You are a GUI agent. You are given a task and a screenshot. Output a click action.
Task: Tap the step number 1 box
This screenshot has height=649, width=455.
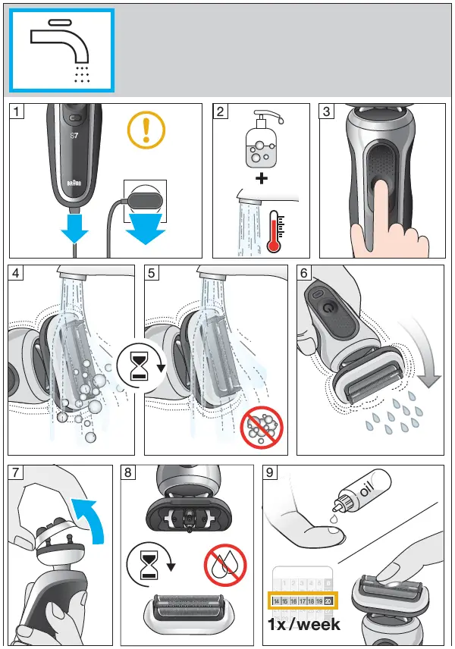pyautogui.click(x=17, y=112)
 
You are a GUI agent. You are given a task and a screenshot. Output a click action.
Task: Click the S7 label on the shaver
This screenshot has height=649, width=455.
pyautogui.click(x=74, y=137)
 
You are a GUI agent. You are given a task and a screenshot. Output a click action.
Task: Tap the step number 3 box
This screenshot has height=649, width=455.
pyautogui.click(x=327, y=112)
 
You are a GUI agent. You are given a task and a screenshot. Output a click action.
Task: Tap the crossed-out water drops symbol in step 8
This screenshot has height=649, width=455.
pyautogui.click(x=225, y=566)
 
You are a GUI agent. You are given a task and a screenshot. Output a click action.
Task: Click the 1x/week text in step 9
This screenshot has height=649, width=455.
pyautogui.click(x=303, y=625)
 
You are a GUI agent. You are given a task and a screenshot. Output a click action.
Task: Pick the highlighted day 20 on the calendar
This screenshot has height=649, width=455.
pyautogui.click(x=328, y=600)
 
